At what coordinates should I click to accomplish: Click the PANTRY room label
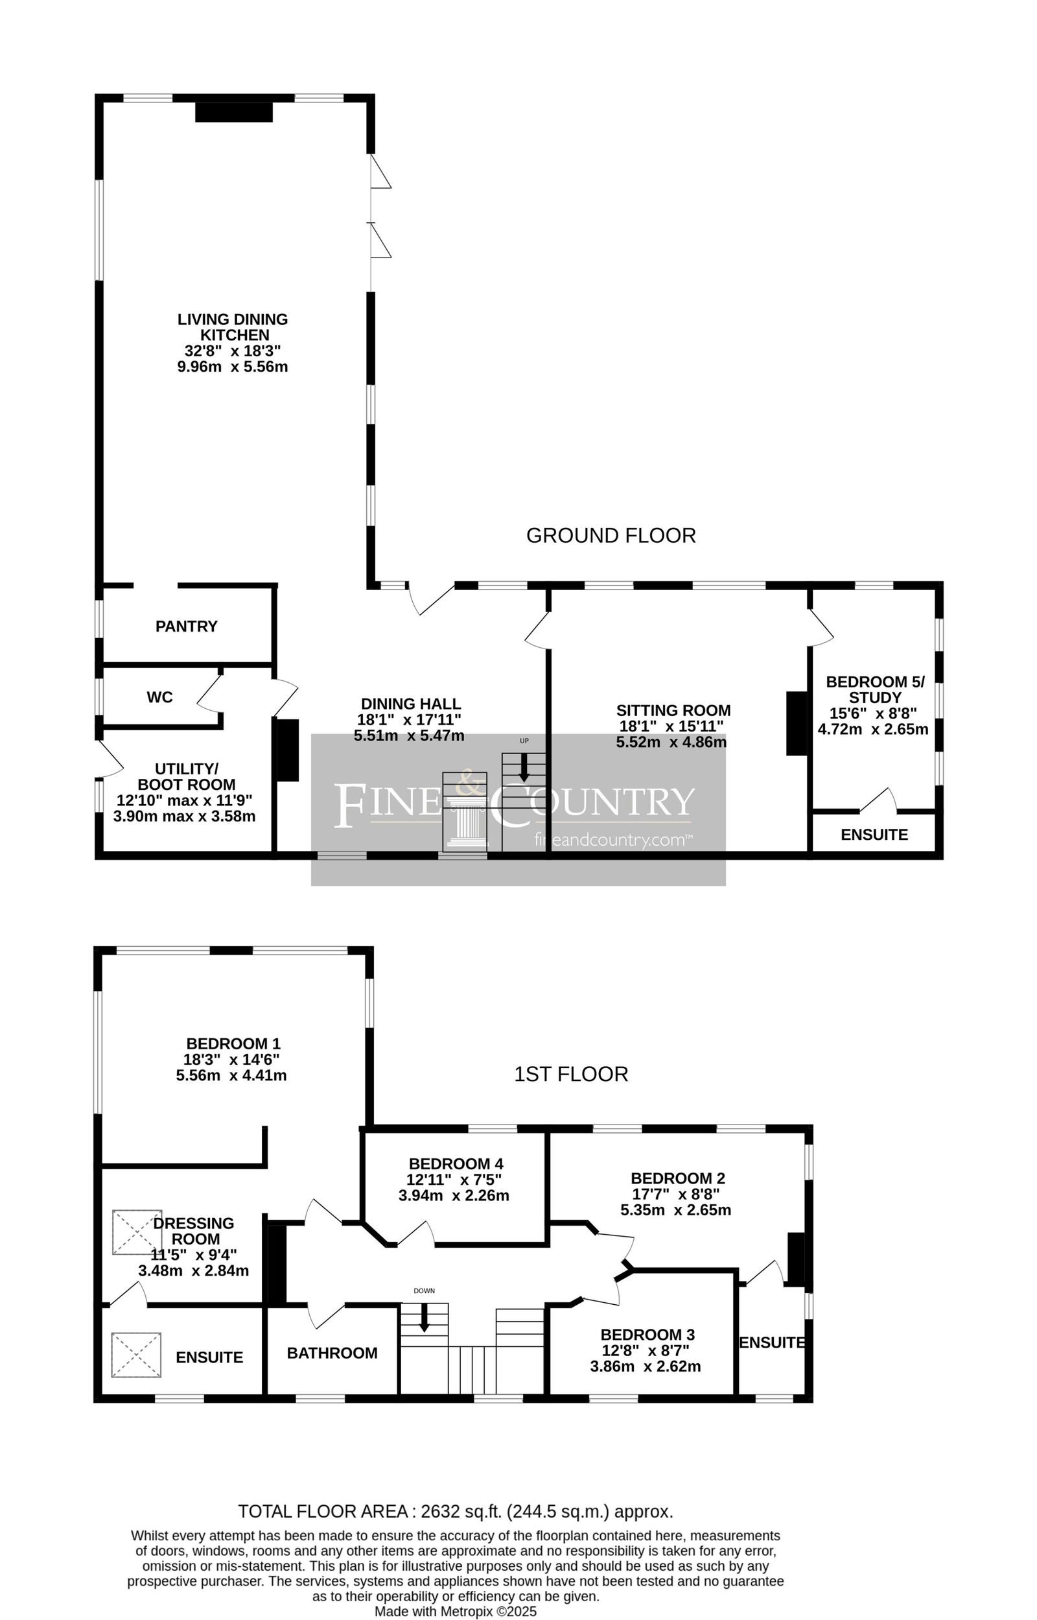coord(187,626)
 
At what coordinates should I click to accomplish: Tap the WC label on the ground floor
coord(159,697)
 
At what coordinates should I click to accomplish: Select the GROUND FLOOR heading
coord(611,536)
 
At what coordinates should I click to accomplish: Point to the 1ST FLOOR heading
coord(571,1074)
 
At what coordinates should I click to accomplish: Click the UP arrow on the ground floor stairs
coord(524,767)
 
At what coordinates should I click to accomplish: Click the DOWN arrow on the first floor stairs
coord(424,1317)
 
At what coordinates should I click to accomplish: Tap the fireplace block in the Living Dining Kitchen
coord(234,112)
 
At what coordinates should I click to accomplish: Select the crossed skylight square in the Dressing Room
coord(137,1232)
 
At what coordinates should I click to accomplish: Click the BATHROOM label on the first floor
coord(332,1353)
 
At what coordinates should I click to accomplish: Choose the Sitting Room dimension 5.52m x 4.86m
coord(671,743)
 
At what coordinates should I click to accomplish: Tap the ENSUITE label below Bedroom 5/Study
coord(874,835)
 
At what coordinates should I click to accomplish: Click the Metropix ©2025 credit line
coord(455,1611)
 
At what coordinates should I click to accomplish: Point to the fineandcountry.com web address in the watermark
coord(612,840)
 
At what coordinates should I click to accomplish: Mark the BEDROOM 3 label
coord(647,1335)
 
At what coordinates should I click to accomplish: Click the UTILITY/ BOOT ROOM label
coord(187,777)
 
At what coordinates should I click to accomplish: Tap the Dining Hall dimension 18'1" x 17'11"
coord(409,719)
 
